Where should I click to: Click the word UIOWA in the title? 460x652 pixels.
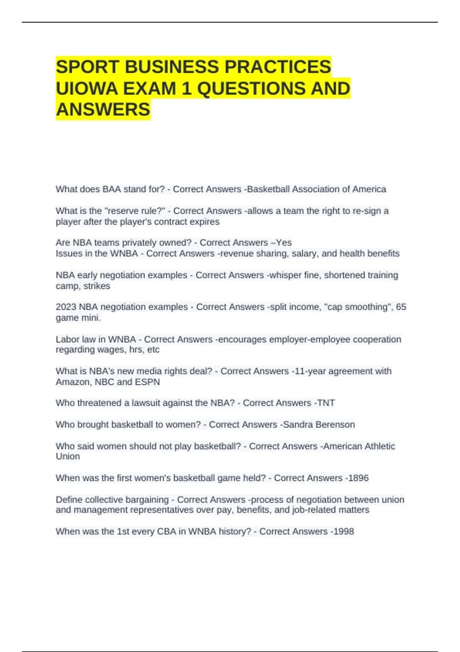(87, 89)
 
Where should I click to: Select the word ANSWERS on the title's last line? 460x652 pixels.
(103, 110)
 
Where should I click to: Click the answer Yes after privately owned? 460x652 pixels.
(284, 243)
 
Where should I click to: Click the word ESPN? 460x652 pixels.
(147, 382)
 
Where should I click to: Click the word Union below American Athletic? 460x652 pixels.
(68, 456)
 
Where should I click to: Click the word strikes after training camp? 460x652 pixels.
(97, 286)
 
